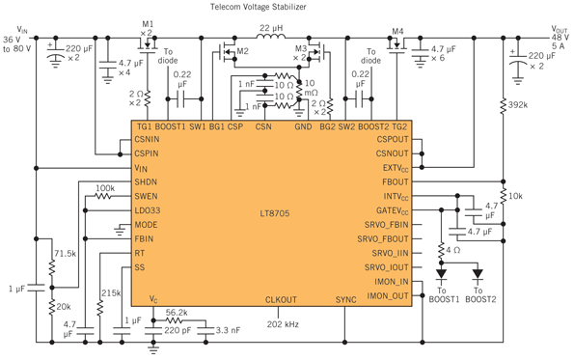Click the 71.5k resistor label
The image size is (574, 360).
tap(66, 252)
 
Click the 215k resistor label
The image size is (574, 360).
tap(111, 291)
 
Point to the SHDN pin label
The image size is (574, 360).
tap(146, 181)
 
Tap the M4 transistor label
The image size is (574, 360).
tap(396, 28)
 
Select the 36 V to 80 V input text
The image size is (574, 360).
tap(17, 45)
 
